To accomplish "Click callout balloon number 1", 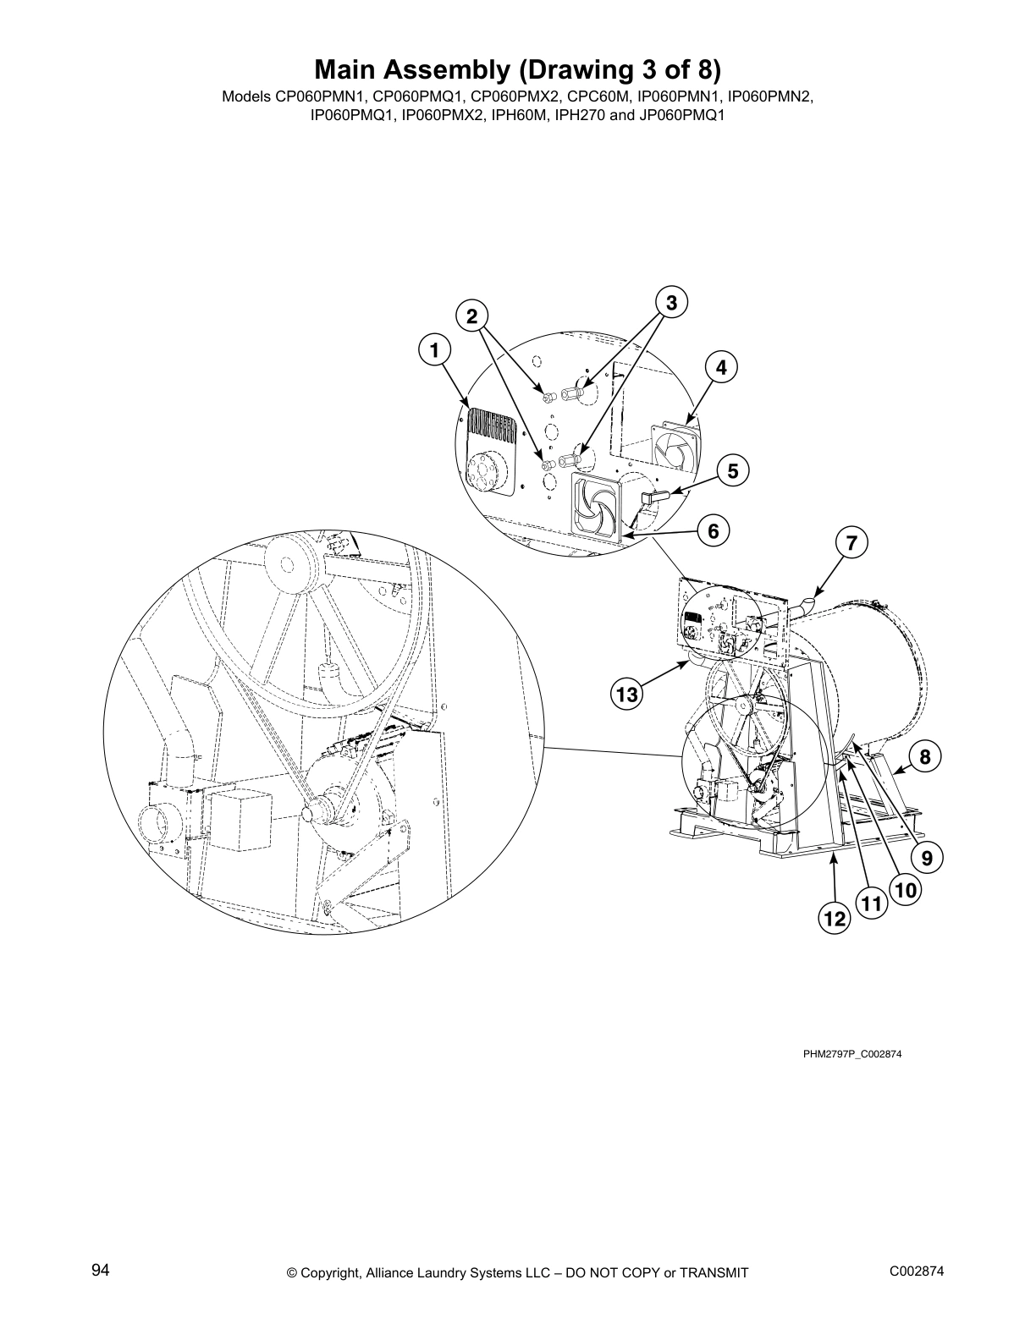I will click(x=433, y=349).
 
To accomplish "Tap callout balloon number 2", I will click(x=472, y=316).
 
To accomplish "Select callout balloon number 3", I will click(x=670, y=302).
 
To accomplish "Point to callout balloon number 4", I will click(x=720, y=367).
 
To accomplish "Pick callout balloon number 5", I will click(x=733, y=470).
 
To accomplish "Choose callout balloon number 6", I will click(x=713, y=530).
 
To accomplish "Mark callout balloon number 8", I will click(x=925, y=756).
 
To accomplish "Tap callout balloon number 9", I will click(x=926, y=858).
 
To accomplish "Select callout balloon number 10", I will click(x=905, y=890).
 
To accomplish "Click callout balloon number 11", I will click(x=871, y=904).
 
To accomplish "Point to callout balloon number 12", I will click(x=835, y=919).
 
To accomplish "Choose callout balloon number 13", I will click(x=625, y=695).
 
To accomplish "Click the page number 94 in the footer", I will click(x=101, y=1271).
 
